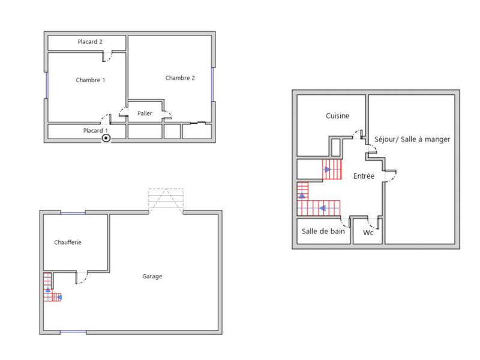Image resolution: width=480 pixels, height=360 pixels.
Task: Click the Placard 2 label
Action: [x=90, y=42]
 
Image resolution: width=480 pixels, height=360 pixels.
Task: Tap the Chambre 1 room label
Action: [x=91, y=80]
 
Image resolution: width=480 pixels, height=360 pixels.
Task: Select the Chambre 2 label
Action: [x=180, y=78]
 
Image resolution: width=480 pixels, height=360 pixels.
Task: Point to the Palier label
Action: [x=145, y=113]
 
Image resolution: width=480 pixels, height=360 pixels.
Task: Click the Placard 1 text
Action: [x=95, y=130]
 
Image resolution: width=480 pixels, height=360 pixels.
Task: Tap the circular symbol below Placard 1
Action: [x=106, y=138]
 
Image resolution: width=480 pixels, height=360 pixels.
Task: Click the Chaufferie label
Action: [x=68, y=242]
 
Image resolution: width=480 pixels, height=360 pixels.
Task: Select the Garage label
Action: [x=152, y=277]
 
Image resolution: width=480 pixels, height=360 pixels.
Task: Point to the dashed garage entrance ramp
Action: [x=166, y=199]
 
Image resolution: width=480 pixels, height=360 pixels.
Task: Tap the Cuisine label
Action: [x=337, y=116]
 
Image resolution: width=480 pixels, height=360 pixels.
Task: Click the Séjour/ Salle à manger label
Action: [x=412, y=139]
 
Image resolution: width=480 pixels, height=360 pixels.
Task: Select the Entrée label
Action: [x=364, y=176]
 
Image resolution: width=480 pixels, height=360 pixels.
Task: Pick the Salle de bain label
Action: [x=323, y=231]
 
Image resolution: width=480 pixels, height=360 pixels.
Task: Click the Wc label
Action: [x=368, y=233]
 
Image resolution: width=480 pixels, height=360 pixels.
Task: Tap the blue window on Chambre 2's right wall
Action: [x=212, y=84]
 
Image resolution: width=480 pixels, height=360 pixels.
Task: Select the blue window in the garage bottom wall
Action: [x=72, y=332]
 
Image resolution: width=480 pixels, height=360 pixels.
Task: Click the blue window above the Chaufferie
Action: [x=73, y=212]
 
